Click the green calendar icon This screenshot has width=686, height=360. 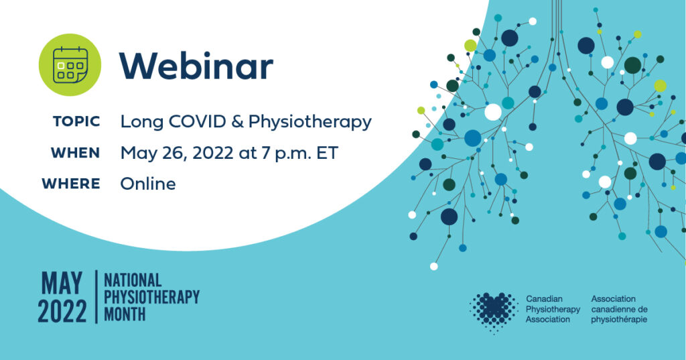click(70, 66)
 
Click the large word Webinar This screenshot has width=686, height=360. click(196, 66)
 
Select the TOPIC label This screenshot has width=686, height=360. click(76, 121)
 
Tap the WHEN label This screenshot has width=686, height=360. click(75, 152)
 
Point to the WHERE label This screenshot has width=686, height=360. click(70, 183)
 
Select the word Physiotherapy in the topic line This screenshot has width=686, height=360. click(310, 122)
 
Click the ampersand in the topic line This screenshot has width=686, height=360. click(239, 121)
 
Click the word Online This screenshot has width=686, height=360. click(148, 183)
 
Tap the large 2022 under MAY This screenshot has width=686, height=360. click(62, 312)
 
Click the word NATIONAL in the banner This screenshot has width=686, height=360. click(133, 280)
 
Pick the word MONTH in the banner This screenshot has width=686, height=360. click(125, 313)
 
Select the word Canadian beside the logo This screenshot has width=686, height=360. click(545, 298)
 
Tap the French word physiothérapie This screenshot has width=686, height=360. click(619, 320)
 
